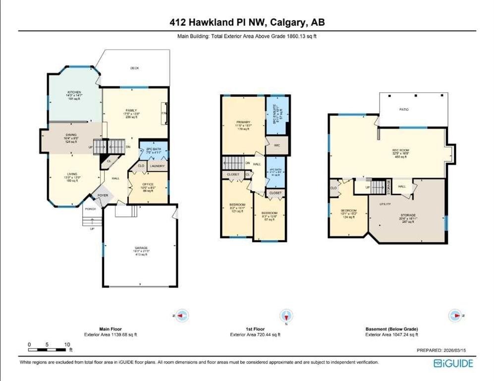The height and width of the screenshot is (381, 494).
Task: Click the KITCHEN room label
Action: [74, 92]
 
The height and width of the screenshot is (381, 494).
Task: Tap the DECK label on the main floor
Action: [134, 68]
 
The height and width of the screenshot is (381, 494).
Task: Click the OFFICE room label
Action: [148, 185]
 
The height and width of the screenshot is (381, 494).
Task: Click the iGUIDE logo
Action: [453, 364]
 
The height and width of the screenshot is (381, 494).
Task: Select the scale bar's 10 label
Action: [66, 344]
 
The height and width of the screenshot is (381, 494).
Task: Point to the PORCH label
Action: [90, 209]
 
